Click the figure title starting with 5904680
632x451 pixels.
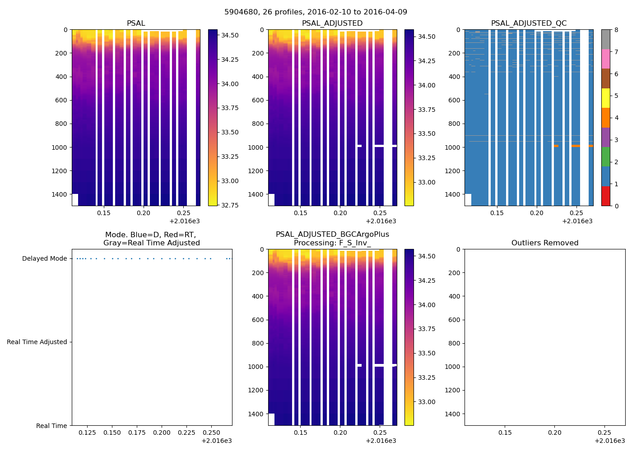coord(316,12)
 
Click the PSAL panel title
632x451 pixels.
coord(136,23)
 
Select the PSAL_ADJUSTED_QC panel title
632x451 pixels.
coord(529,23)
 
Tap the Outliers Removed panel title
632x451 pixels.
coord(544,243)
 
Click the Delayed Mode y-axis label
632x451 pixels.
coord(44,258)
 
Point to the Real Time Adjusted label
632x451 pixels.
coord(37,342)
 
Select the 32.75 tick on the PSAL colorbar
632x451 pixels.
coord(230,205)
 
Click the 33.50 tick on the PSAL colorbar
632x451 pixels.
coord(230,132)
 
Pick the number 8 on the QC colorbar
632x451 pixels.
coord(616,30)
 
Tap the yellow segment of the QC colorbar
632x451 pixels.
coord(605,98)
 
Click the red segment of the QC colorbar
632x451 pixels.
coord(605,196)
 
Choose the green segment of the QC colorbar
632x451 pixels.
coord(605,156)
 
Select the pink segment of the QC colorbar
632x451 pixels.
coord(605,59)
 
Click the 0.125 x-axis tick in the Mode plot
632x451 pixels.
coord(88,433)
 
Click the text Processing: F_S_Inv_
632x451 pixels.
coord(332,243)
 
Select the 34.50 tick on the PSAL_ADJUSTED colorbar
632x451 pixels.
coord(427,37)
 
